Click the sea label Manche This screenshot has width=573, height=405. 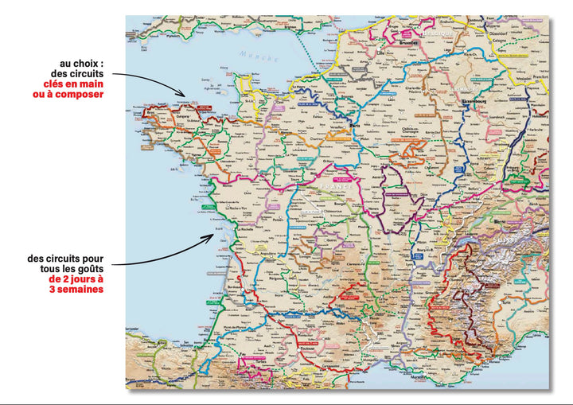259,57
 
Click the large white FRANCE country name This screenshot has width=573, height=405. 333,185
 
